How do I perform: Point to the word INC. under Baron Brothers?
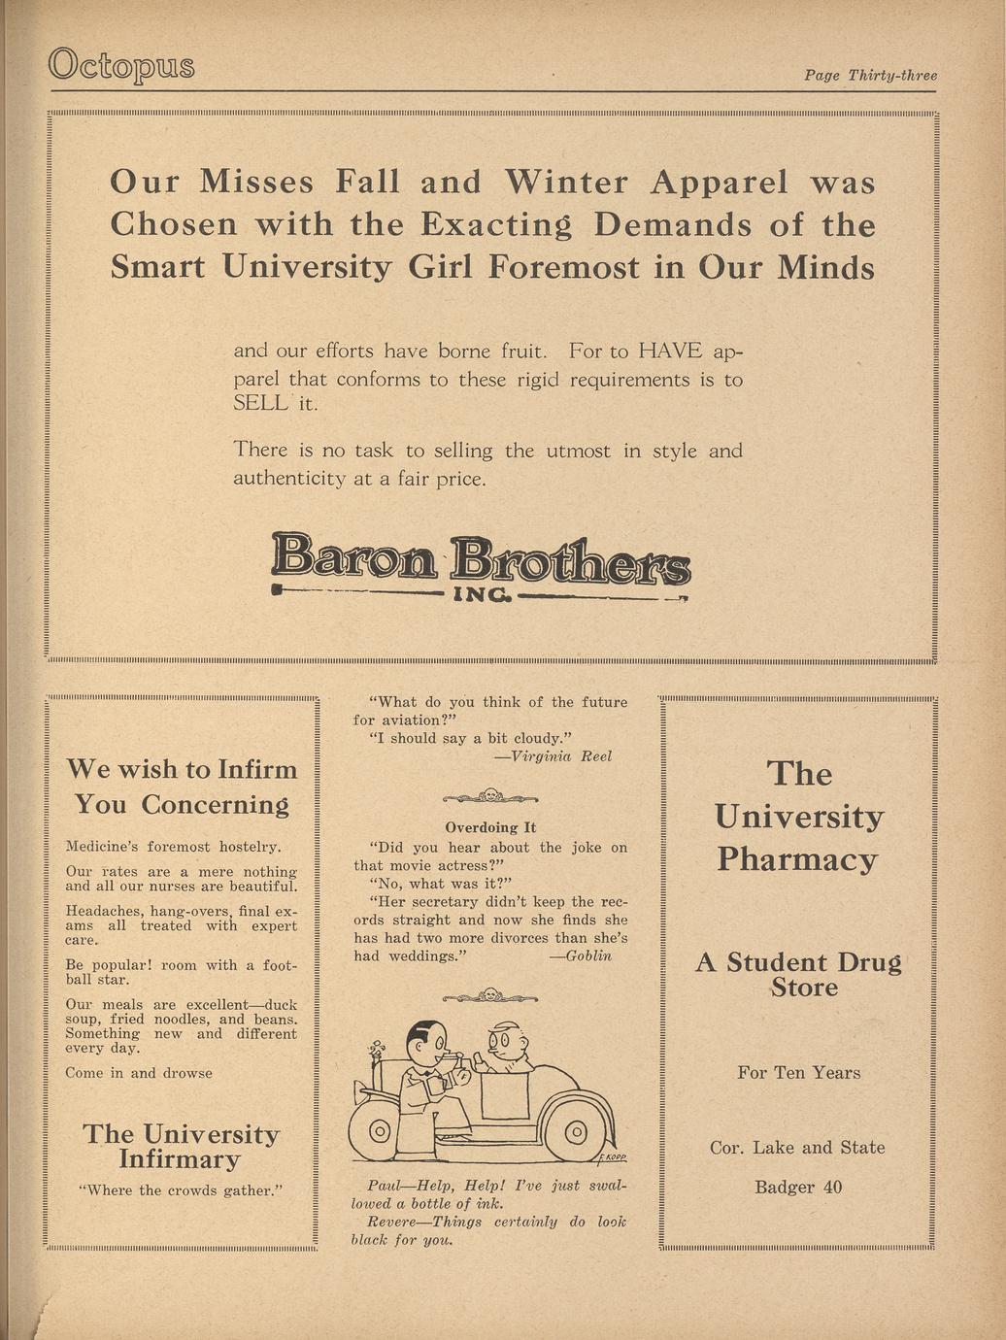482,593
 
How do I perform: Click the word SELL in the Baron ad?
261,403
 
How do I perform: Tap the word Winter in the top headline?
566,183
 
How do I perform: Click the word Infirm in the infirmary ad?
256,770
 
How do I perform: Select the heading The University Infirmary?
182,1147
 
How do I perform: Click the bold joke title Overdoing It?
489,828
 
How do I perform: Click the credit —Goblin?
581,955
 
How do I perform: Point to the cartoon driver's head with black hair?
424,1045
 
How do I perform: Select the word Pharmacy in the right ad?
797,860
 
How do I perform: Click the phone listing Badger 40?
798,1187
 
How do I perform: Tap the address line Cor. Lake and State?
797,1148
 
